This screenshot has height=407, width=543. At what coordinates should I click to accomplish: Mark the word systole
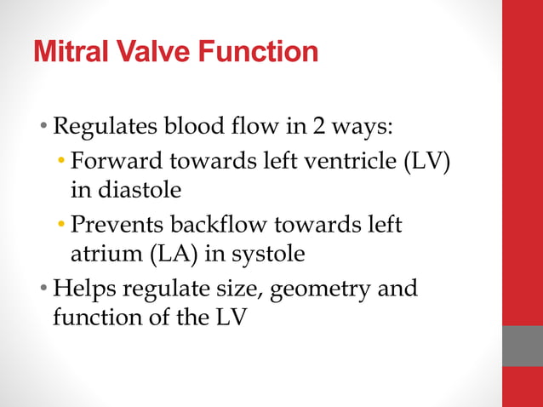[x=271, y=254]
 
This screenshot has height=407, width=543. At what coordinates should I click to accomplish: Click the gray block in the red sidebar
[x=523, y=346]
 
